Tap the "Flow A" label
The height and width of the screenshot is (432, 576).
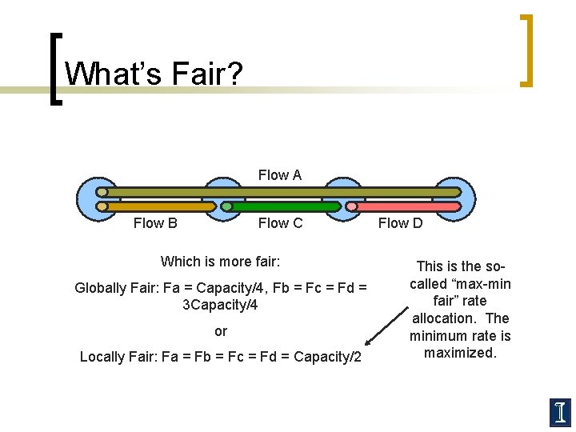pos(280,175)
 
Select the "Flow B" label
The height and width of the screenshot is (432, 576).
pos(155,223)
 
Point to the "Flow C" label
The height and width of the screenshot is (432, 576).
pos(280,223)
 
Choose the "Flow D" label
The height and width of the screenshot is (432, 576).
pos(400,223)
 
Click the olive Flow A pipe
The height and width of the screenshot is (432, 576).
pos(280,192)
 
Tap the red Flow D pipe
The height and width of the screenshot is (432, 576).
pos(404,206)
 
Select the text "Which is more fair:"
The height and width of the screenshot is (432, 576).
pos(221,262)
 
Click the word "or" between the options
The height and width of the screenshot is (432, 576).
pos(221,331)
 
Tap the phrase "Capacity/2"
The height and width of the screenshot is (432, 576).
pos(328,357)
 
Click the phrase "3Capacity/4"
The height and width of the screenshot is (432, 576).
pos(221,305)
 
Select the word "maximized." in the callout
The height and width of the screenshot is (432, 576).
pos(461,353)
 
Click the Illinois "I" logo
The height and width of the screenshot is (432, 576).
pos(560,411)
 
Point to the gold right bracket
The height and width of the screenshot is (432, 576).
pos(526,50)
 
